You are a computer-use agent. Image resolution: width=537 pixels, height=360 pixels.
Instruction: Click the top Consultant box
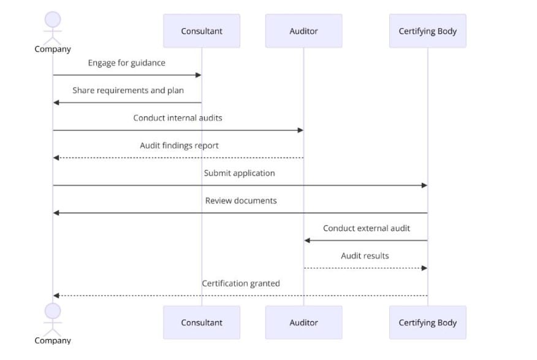pos(201,31)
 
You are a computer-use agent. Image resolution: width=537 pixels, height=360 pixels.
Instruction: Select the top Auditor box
pos(303,31)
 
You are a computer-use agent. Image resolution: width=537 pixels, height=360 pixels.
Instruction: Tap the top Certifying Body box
pos(427,31)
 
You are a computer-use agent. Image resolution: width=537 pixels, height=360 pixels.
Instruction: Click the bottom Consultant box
pos(201,323)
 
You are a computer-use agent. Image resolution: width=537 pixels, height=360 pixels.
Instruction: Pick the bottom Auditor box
pos(303,323)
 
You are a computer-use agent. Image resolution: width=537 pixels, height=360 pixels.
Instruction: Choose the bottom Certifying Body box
pos(427,323)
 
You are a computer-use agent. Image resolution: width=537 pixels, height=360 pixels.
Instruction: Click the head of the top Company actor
pos(53,19)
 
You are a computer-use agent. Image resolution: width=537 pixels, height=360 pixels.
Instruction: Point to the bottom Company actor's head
pos(53,311)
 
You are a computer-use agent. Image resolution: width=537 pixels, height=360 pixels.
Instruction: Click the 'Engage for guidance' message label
pos(126,63)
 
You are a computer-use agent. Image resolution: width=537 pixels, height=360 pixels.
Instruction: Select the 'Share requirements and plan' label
pos(128,90)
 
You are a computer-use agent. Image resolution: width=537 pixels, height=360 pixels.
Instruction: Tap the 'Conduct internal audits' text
pos(178,118)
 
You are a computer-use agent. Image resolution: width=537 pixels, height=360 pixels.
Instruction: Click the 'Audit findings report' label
pos(179,145)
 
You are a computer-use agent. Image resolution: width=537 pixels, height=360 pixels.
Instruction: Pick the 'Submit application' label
pos(239,173)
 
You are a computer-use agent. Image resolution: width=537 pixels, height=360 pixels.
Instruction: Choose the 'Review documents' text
pos(241,201)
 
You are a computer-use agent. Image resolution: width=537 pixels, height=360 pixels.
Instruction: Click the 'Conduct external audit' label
pos(367,228)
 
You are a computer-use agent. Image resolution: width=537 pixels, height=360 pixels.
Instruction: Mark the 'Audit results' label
pos(365,256)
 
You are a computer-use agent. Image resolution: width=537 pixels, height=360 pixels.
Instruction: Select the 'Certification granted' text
pos(241,283)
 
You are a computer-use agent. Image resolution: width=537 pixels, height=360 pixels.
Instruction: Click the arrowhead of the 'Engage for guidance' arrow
pos(198,75)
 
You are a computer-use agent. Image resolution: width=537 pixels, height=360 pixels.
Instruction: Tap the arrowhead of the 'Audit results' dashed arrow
pos(424,268)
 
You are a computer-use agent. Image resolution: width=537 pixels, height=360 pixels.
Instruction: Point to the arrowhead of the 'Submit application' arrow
pos(424,185)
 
